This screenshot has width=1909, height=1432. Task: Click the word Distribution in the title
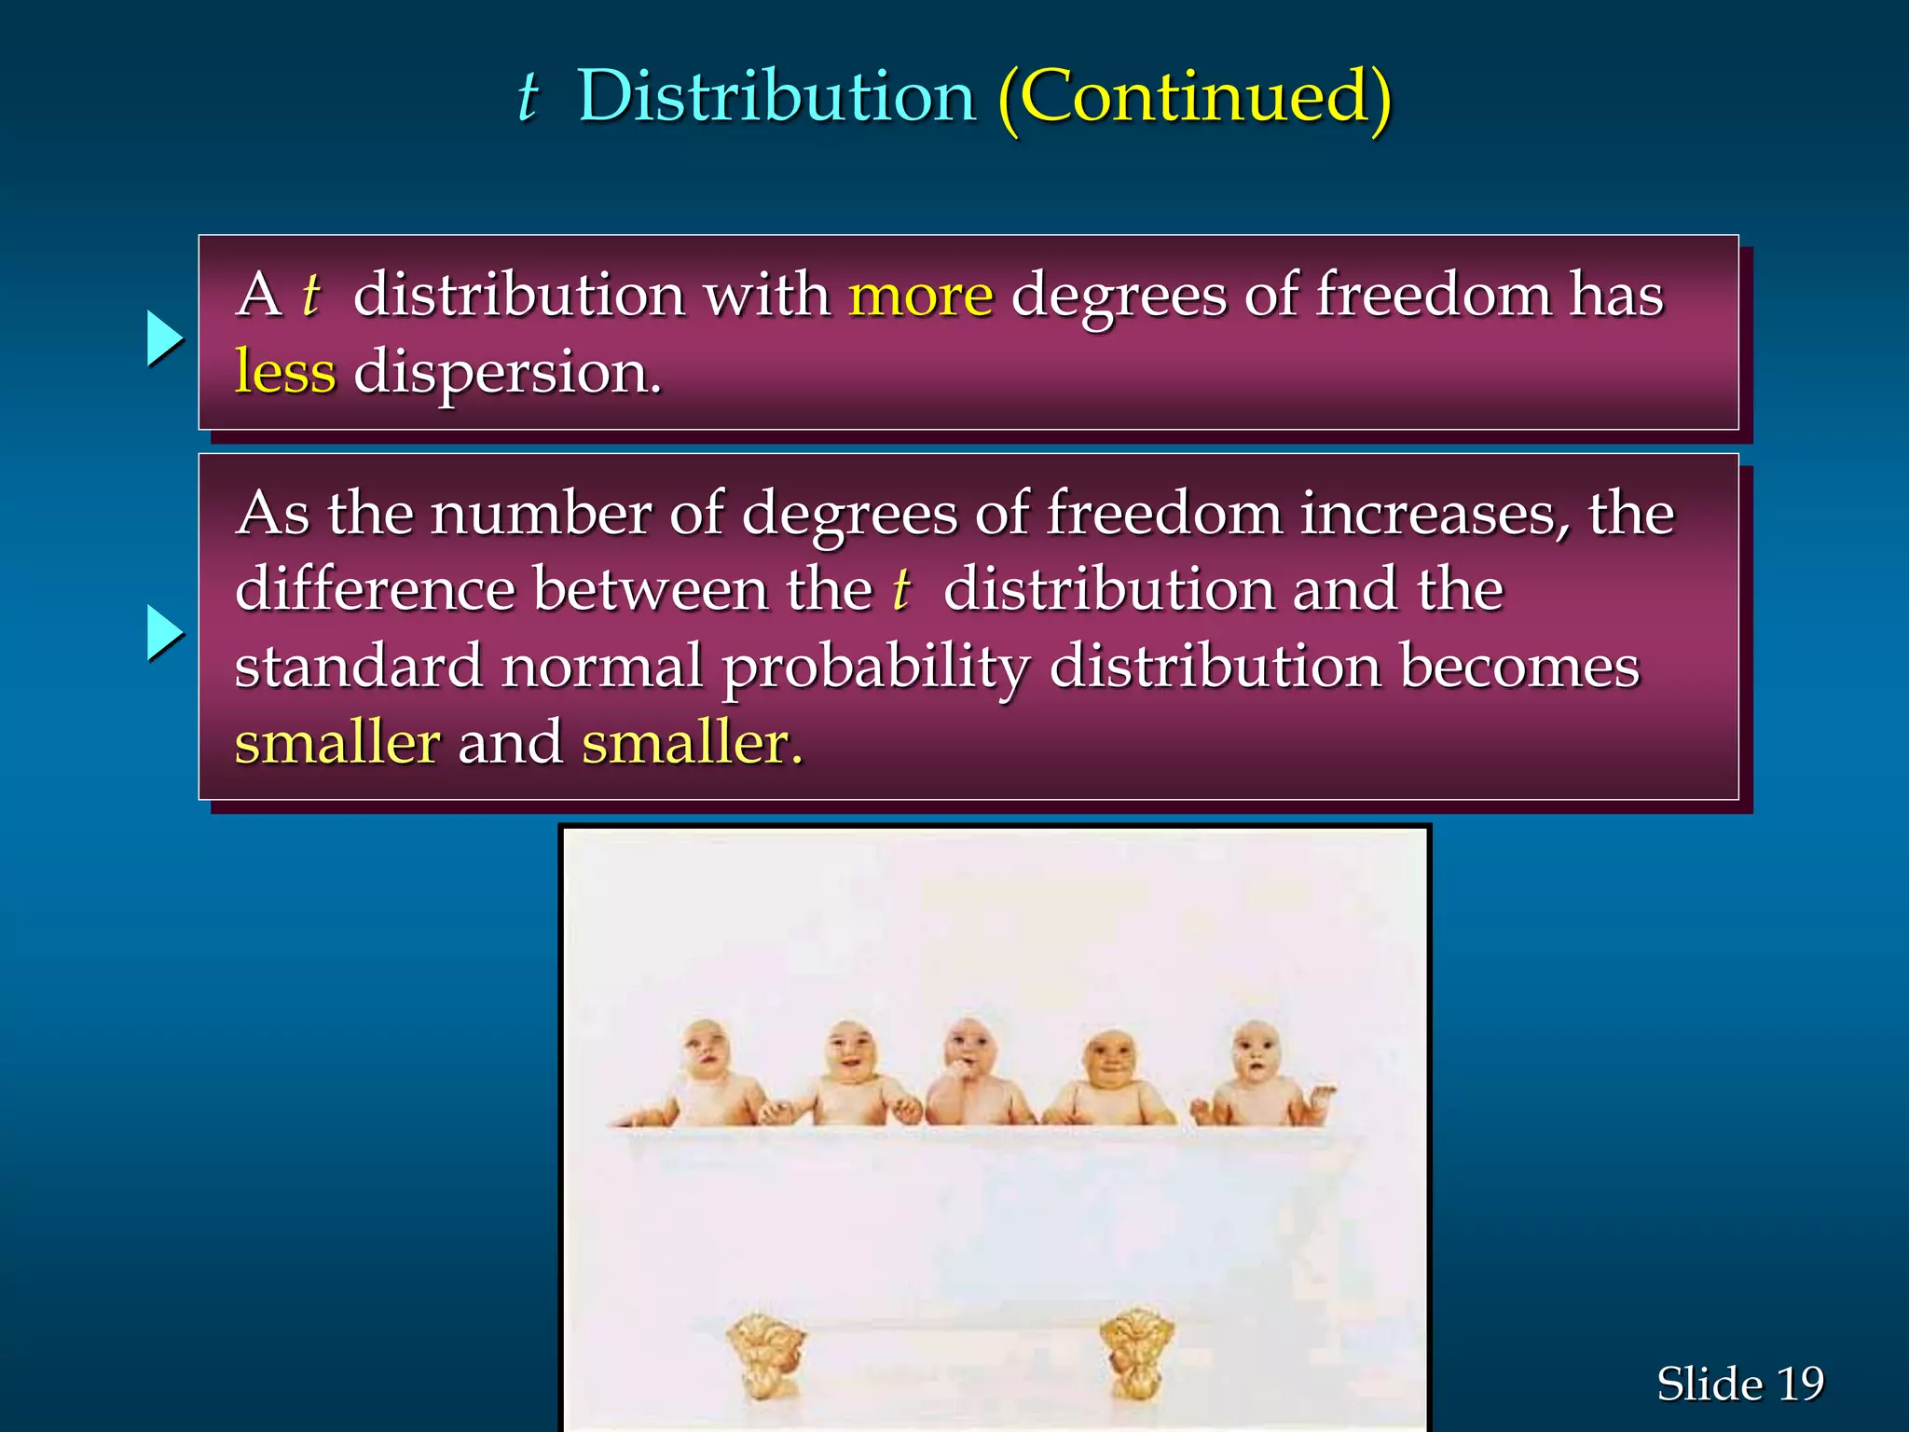[x=776, y=97]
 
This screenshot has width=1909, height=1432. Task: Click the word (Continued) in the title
[x=1194, y=97]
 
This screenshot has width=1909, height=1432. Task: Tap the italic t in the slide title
[x=529, y=97]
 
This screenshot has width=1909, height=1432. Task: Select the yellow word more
[x=920, y=296]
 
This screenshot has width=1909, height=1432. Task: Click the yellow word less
[x=284, y=373]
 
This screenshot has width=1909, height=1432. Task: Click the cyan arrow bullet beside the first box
[x=165, y=338]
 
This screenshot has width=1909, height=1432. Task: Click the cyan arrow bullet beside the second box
[x=165, y=633]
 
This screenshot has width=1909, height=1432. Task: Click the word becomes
[x=1519, y=668]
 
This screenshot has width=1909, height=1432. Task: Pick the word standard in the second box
[x=359, y=668]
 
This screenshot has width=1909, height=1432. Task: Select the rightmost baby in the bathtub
[x=1258, y=1072]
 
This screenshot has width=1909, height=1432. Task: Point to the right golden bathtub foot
[x=1136, y=1352]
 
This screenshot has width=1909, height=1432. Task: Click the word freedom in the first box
[x=1434, y=296]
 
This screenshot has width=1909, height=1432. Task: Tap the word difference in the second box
[x=375, y=590]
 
